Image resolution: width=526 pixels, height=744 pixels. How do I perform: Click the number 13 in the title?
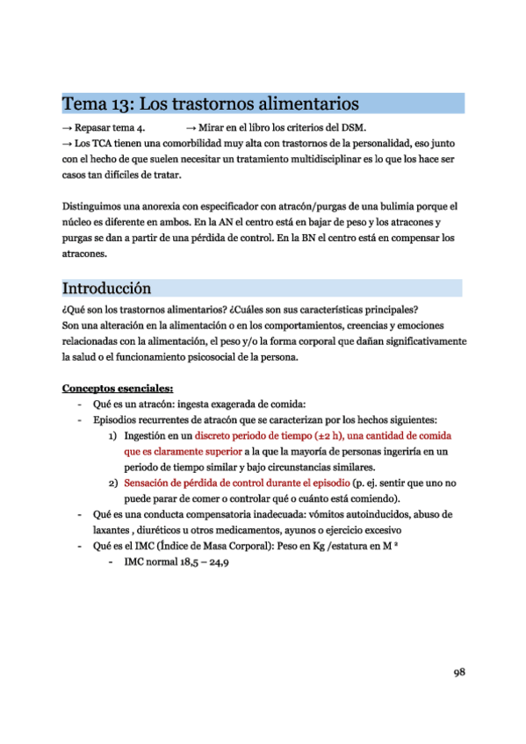point(122,104)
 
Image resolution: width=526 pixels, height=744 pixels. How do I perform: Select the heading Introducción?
point(106,288)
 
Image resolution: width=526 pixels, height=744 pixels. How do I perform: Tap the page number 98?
point(458,673)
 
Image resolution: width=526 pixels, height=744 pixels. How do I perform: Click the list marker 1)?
point(114,435)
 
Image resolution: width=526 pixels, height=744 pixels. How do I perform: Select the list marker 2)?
point(114,483)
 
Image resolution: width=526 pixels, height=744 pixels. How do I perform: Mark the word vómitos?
point(347,514)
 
